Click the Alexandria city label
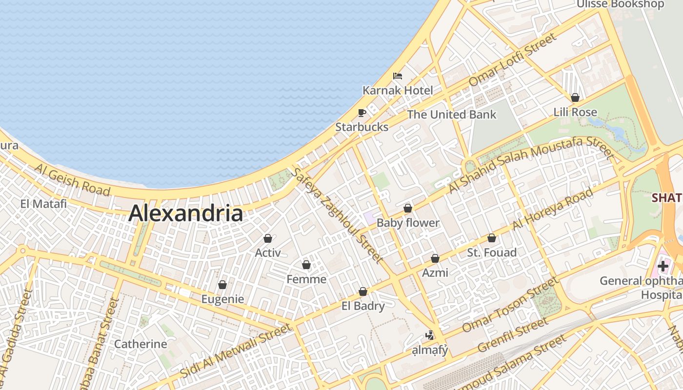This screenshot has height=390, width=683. pos(185,214)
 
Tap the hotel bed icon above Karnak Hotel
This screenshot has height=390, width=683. pos(398,76)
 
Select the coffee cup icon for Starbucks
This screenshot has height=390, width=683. pos(362,113)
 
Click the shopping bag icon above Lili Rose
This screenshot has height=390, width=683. pos(575,97)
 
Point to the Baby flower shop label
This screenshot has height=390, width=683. pos(408,223)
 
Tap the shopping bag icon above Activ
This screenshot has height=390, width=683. pos(267,238)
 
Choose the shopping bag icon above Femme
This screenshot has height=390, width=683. pos(306,265)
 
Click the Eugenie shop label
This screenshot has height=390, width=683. pos(222,299)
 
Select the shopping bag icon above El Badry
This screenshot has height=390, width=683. pos(363,292)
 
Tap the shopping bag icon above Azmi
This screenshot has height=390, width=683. pos(435,258)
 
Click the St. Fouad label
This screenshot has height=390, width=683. pos(492,253)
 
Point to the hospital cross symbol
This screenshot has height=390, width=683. pos(663,266)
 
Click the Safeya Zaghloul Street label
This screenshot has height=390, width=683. pos(337,215)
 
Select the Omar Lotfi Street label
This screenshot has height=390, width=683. pos(512,59)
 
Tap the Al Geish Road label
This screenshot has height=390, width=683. pos(72,179)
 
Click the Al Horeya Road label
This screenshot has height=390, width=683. pos(553,209)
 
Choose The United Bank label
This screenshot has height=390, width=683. pos(451,115)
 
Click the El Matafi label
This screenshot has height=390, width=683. pos(43,204)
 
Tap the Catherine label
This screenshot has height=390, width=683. pos(141,344)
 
